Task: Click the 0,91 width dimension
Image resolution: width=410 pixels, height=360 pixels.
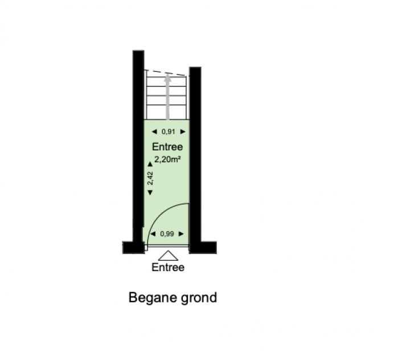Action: click(x=168, y=132)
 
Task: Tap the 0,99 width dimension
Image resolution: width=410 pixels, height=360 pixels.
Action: click(x=167, y=234)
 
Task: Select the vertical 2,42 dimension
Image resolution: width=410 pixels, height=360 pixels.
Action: click(x=150, y=178)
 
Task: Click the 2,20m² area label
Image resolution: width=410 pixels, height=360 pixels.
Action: click(x=167, y=159)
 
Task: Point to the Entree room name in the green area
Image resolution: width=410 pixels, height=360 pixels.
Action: click(x=167, y=147)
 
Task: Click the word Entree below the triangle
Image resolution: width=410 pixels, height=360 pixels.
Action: click(x=168, y=267)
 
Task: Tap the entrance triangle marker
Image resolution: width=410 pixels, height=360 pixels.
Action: click(x=168, y=256)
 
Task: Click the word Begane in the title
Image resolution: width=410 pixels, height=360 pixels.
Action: click(x=152, y=298)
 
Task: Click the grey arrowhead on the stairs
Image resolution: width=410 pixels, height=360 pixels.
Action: click(x=167, y=77)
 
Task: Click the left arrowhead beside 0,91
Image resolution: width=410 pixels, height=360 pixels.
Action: click(x=154, y=132)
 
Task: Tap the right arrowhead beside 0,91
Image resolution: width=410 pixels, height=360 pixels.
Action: click(x=183, y=132)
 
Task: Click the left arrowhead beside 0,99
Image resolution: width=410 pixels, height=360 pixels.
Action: click(x=153, y=234)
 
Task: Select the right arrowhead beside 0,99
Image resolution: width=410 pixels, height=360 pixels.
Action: click(x=181, y=234)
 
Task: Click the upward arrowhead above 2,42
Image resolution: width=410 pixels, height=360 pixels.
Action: click(x=150, y=164)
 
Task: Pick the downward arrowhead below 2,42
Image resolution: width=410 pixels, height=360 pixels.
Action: click(x=150, y=193)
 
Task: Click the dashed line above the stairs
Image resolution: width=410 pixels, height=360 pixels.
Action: click(x=167, y=73)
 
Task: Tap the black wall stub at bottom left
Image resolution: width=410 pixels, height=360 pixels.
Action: click(x=133, y=247)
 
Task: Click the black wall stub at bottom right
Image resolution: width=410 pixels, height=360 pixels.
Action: click(x=203, y=247)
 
